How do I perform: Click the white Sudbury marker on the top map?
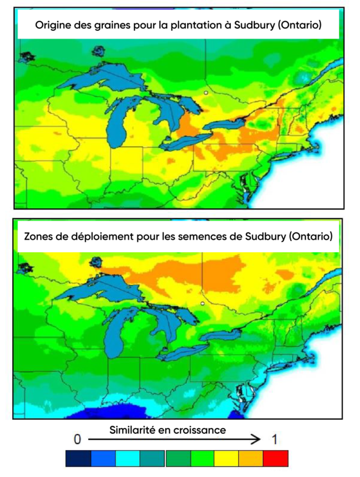[x=205, y=93]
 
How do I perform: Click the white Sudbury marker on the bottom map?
[x=203, y=303]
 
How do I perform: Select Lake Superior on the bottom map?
[x=102, y=289]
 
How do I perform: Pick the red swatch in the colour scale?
[x=276, y=458]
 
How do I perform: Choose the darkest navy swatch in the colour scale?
[x=78, y=458]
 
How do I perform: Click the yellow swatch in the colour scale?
[x=226, y=458]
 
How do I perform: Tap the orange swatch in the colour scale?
[x=251, y=458]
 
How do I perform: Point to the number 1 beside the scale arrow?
[x=275, y=439]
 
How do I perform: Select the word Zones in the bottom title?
[x=37, y=236]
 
